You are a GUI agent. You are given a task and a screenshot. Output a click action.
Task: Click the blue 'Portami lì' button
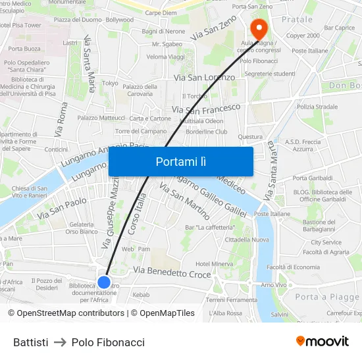pyautogui.click(x=181, y=161)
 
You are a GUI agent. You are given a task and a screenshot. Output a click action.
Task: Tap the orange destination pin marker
pyautogui.click(x=258, y=28)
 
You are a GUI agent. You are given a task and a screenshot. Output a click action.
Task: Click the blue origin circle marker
pyautogui.click(x=104, y=282)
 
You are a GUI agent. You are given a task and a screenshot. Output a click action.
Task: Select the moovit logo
pyautogui.click(x=323, y=342)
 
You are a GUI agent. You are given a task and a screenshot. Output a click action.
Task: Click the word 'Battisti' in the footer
pyautogui.click(x=31, y=342)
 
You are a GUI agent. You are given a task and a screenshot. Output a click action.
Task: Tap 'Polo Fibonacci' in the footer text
pyautogui.click(x=108, y=342)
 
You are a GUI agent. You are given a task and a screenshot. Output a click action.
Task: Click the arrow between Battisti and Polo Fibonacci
pyautogui.click(x=60, y=342)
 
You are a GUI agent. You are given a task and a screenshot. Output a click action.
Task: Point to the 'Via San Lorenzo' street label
pyautogui.click(x=204, y=78)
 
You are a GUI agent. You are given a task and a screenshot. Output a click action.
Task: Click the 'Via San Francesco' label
pyautogui.click(x=206, y=107)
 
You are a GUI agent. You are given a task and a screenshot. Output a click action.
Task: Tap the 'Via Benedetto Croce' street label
pyautogui.click(x=172, y=272)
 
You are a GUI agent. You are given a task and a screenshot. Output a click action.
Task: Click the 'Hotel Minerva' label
pyautogui.click(x=214, y=264)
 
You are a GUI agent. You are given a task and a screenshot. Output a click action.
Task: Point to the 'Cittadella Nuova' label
pyautogui.click(x=247, y=240)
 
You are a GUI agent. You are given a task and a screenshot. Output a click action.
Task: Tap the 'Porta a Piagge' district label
pyautogui.click(x=327, y=297)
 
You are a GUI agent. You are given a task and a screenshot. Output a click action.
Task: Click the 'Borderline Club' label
pyautogui.click(x=206, y=132)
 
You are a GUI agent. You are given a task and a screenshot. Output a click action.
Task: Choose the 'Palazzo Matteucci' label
pyautogui.click(x=101, y=118)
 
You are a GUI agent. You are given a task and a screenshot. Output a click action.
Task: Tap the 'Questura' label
pyautogui.click(x=250, y=137)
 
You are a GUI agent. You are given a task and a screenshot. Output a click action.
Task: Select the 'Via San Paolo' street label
pyautogui.click(x=62, y=207)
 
